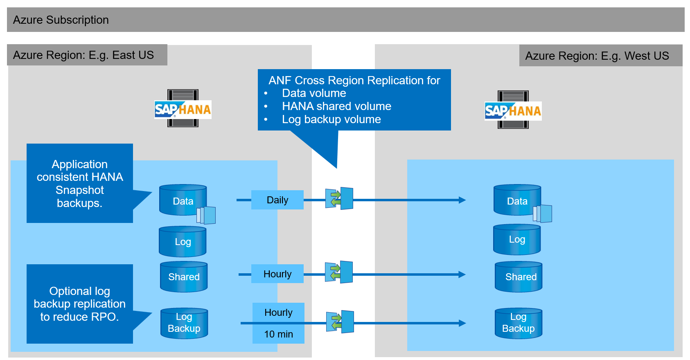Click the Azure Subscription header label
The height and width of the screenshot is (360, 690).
61,20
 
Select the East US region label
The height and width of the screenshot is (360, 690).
83,55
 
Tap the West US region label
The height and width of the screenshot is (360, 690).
597,56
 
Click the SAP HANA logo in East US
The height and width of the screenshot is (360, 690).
183,109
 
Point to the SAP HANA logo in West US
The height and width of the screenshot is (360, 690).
513,110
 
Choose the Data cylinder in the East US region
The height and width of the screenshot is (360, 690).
183,200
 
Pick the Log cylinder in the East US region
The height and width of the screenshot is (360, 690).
183,241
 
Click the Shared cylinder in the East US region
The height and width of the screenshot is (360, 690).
184,277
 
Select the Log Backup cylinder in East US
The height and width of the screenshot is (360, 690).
184,323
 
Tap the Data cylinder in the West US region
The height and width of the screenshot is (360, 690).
517,200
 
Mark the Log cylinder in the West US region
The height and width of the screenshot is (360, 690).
517,239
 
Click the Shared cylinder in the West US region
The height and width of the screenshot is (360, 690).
519,277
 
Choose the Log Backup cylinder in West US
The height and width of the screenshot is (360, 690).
519,323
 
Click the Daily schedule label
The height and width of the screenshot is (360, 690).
277,200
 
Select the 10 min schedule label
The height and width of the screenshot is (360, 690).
278,334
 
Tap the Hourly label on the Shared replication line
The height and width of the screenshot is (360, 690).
277,274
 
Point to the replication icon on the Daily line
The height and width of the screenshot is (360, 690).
339,198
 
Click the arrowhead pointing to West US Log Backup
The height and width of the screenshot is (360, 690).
462,323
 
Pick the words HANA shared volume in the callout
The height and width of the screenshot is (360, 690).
336,106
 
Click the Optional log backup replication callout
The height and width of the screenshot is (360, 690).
80,304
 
